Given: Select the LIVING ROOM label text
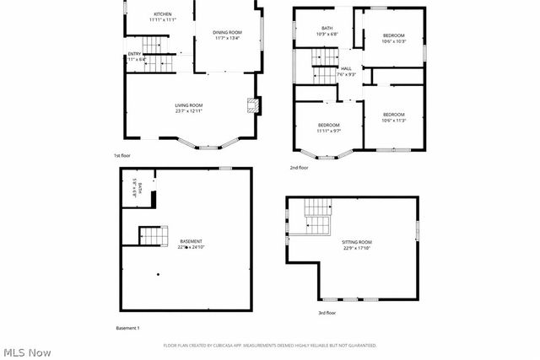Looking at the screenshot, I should coord(189,107).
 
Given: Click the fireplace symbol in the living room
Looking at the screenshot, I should coord(251,105).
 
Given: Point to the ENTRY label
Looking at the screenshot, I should coord(134,56).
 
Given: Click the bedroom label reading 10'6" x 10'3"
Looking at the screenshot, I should coord(394,38).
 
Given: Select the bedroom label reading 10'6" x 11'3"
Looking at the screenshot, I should coord(394,117).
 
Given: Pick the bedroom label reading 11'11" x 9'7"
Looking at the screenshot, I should coord(329,128).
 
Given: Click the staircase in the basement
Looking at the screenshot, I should coord(150,235).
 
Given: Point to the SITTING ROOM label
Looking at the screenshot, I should coord(357,244).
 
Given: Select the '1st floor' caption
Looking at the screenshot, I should coord(122,156).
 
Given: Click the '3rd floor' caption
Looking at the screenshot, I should coord(327,313).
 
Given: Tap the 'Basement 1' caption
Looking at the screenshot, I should coord(127,327).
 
